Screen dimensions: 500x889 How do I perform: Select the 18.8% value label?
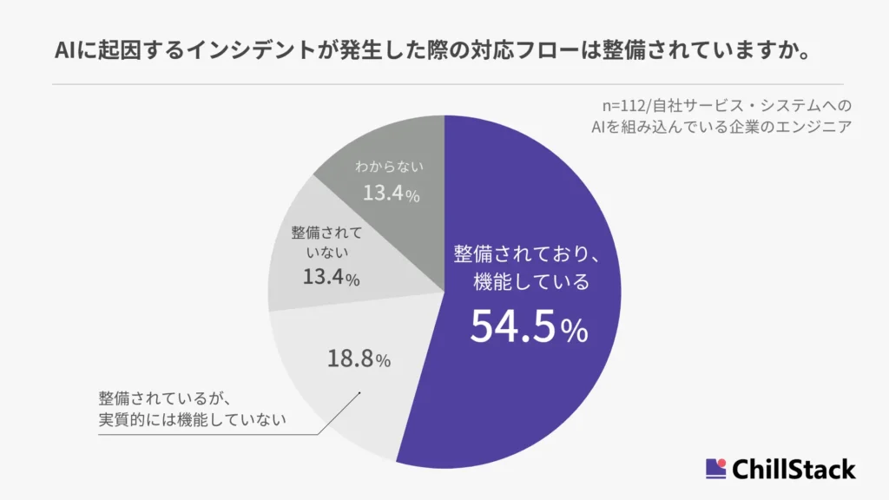[x=359, y=358]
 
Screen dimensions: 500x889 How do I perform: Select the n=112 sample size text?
[x=629, y=106]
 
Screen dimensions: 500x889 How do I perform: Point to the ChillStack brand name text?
[x=794, y=470]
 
